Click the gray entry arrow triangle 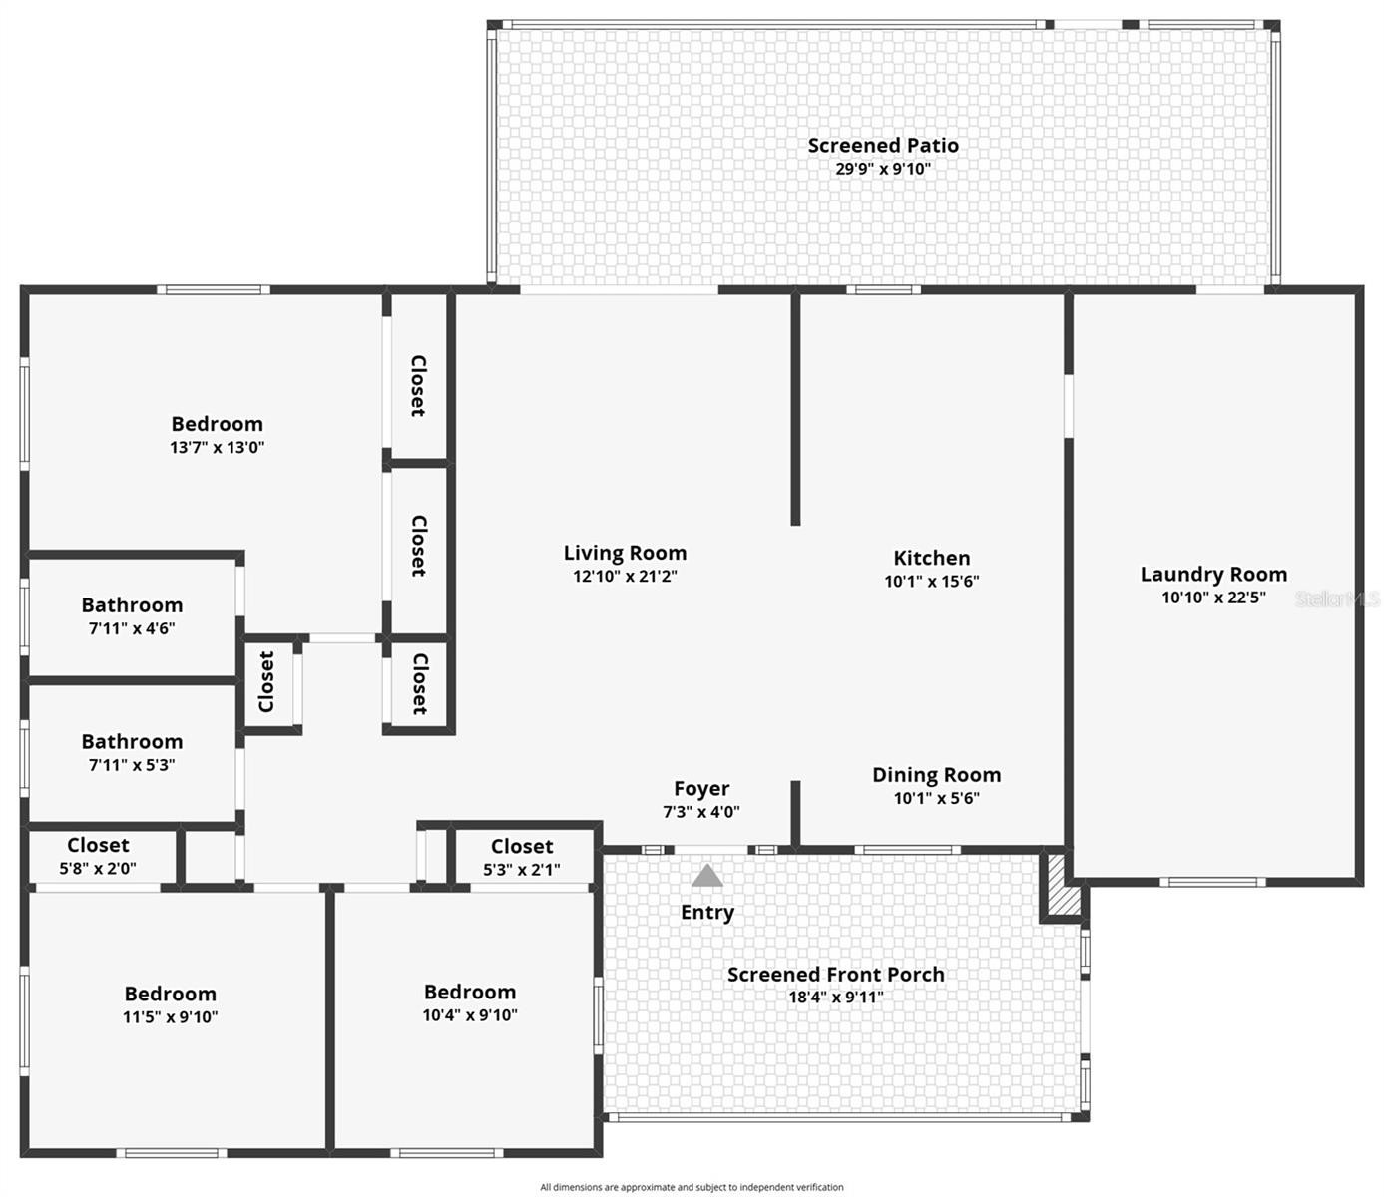(x=707, y=876)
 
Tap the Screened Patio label (x=883, y=146)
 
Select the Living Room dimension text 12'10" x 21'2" (x=625, y=576)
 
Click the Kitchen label (x=931, y=558)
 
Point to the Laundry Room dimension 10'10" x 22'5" (x=1213, y=598)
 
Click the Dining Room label (x=936, y=775)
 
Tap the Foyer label (x=701, y=789)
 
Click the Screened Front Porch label (x=835, y=975)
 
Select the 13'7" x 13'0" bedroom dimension (x=217, y=447)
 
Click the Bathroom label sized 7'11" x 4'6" (x=132, y=605)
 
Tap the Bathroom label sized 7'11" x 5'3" (x=132, y=742)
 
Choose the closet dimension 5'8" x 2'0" (x=98, y=868)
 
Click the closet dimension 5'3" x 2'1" (x=522, y=870)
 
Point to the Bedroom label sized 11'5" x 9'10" (x=170, y=994)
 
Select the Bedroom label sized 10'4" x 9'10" (x=469, y=992)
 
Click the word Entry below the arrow (x=707, y=913)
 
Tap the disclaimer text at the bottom (x=692, y=1187)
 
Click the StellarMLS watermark (x=1336, y=598)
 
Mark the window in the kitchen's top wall (x=883, y=290)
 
